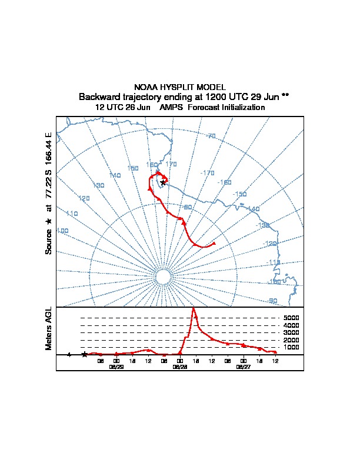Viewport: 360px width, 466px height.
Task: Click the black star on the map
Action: coord(163,182)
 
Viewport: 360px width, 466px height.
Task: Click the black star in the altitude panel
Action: coord(85,354)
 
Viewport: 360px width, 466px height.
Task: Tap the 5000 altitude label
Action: coord(291,318)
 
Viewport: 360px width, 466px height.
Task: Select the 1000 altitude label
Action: coord(291,347)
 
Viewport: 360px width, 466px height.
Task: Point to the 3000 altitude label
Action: coord(291,332)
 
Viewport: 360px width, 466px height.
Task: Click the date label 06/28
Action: coord(180,367)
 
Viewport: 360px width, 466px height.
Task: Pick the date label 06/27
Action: coord(243,367)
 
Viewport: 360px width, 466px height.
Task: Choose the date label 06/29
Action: coord(116,367)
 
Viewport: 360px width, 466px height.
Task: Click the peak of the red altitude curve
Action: coord(194,308)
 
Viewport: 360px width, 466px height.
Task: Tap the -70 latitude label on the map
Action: coord(211,136)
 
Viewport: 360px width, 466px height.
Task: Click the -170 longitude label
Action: coord(207,173)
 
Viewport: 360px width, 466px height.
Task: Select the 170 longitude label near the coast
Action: coord(171,164)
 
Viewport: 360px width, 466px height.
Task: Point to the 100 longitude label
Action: coord(62,231)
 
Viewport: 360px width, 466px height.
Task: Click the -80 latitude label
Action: coord(186,207)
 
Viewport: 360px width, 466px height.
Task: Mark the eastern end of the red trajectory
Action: coord(214,243)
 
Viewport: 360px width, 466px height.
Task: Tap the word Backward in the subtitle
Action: coord(98,96)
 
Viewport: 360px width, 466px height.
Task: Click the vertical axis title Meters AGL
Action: coord(49,329)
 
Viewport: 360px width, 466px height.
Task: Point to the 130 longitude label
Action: coord(98,185)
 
